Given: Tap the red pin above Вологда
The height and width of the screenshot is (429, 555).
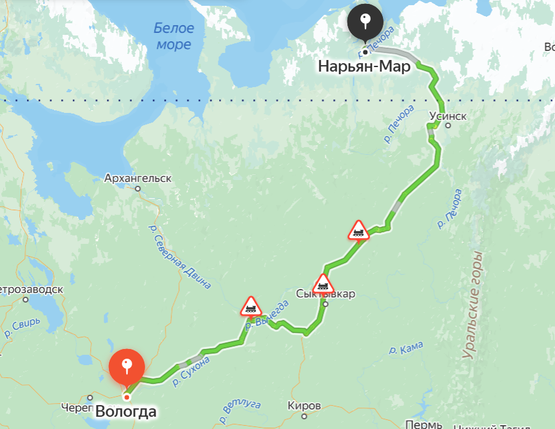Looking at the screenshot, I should coord(127,366).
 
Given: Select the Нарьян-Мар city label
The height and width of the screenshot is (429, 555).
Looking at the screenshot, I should coord(364,66).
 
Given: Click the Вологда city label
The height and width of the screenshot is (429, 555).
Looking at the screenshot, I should coord(126,411).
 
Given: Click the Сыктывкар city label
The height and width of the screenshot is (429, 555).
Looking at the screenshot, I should coord(326,294).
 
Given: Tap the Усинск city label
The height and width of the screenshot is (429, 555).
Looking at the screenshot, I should coord(447,116).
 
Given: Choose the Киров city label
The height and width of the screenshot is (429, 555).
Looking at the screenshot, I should coord(304,406).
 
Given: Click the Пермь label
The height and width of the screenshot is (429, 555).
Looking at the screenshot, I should coord(424,424).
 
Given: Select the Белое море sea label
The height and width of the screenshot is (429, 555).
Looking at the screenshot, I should coord(173,36).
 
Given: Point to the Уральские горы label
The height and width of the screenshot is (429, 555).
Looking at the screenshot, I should coord(474,304).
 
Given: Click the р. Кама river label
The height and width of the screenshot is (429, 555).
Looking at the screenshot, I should coord(405,349).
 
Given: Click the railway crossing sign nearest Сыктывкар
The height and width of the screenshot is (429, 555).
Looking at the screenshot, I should coord(324,284).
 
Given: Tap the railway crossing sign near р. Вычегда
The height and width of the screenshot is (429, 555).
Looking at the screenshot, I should coord(251,306).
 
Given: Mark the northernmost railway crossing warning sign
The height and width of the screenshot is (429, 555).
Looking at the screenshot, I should coord(358,230).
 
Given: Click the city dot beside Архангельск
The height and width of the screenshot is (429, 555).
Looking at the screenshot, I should coord(137,188).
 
